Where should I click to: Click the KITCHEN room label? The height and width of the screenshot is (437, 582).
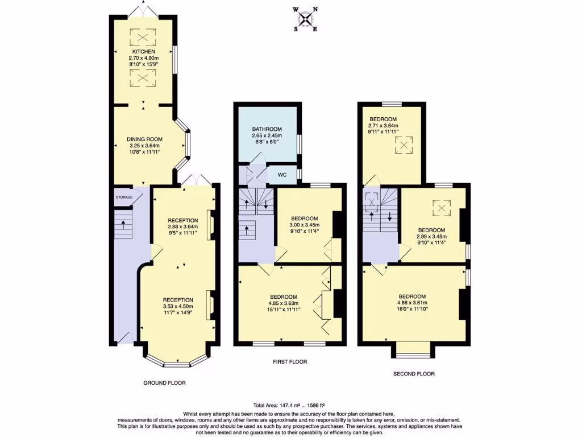click(144, 51)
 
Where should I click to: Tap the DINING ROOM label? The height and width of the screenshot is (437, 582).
click(144, 139)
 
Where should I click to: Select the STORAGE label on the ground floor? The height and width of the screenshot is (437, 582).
click(124, 197)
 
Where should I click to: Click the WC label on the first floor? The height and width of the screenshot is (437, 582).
click(282, 175)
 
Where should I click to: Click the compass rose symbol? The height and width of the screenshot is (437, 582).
click(306, 19)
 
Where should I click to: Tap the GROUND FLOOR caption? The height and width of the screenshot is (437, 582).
click(164, 383)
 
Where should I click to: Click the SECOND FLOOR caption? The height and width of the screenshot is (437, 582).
click(414, 374)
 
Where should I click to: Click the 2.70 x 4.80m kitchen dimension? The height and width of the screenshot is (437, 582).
click(144, 57)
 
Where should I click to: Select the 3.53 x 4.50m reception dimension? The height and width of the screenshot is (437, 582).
click(178, 306)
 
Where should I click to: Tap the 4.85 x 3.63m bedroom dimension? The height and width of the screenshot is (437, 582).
click(283, 303)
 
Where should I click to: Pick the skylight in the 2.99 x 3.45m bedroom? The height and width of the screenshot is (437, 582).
click(442, 209)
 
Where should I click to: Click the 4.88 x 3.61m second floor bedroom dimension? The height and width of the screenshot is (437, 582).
click(412, 303)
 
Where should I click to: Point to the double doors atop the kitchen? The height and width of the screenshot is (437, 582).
click(143, 10)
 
